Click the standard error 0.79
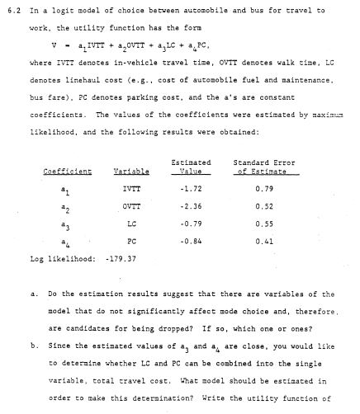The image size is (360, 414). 264,189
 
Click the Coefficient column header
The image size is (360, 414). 67,171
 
